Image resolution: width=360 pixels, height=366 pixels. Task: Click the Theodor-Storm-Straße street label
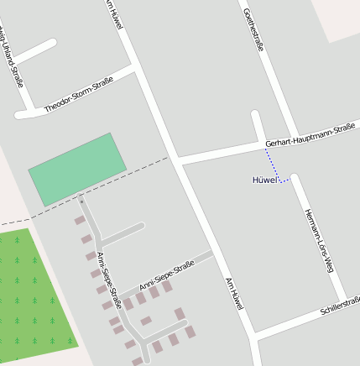78,94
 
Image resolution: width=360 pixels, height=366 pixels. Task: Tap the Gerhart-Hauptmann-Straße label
310,136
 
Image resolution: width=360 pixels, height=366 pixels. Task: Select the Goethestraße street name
253,30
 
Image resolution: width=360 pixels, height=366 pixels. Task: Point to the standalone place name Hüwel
264,180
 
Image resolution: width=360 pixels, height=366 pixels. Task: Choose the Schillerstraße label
340,307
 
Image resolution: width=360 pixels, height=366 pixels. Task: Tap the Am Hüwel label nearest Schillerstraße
233,295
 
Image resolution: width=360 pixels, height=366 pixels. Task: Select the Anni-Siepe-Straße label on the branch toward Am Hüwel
166,278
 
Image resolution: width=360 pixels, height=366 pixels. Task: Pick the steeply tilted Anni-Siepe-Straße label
109,280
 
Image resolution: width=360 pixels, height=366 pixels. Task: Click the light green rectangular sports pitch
78,169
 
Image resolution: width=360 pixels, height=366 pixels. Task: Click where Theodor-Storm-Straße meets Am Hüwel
134,66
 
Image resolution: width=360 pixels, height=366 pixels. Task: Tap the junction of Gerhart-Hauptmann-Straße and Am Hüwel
177,159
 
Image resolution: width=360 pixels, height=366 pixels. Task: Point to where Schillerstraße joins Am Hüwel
253,337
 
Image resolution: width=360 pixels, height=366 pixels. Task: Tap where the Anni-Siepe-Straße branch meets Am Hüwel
212,253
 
